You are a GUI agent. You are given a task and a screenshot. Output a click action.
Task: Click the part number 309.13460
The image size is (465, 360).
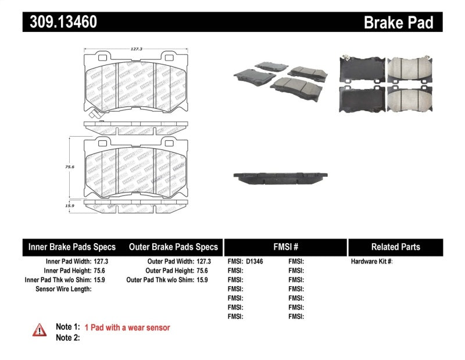point(60,22)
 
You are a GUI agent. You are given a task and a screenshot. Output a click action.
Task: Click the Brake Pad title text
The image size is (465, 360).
point(398,23)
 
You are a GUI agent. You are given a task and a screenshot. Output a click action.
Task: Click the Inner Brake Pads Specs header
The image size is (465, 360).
point(72,247)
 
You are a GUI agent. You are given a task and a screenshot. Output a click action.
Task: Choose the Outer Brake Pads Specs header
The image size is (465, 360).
point(173,247)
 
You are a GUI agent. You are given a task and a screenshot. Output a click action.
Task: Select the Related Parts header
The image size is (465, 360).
point(395,247)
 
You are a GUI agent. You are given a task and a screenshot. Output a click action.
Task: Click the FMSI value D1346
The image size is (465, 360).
point(255,262)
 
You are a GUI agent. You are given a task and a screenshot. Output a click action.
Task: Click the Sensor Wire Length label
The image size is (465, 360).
point(63,288)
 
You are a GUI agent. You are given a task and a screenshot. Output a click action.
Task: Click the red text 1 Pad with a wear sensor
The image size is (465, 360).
point(127,328)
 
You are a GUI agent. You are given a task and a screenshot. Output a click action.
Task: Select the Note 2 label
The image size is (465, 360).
point(67,338)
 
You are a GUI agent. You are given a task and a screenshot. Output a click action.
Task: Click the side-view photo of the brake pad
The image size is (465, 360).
point(281,177)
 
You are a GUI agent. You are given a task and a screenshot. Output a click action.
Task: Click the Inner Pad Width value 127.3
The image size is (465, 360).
point(101,262)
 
